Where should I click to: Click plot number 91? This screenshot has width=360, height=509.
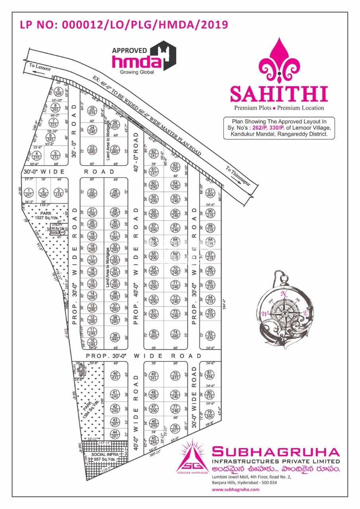[x=211, y=193]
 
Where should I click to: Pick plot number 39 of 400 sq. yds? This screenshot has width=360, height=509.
[x=115, y=337]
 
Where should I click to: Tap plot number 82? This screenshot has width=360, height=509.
[x=211, y=336]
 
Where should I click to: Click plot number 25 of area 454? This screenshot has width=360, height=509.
[x=92, y=111]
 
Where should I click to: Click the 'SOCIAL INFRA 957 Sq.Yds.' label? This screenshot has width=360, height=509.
[x=99, y=457]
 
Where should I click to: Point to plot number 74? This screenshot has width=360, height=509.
[x=175, y=334]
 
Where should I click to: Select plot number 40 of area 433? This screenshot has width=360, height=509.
[x=115, y=375]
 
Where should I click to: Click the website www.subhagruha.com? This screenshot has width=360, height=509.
[x=235, y=490]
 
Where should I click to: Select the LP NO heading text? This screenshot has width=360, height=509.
[x=124, y=25]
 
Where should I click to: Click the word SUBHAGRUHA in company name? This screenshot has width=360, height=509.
[x=276, y=452]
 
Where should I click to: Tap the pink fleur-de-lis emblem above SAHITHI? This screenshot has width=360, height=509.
[x=279, y=60]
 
